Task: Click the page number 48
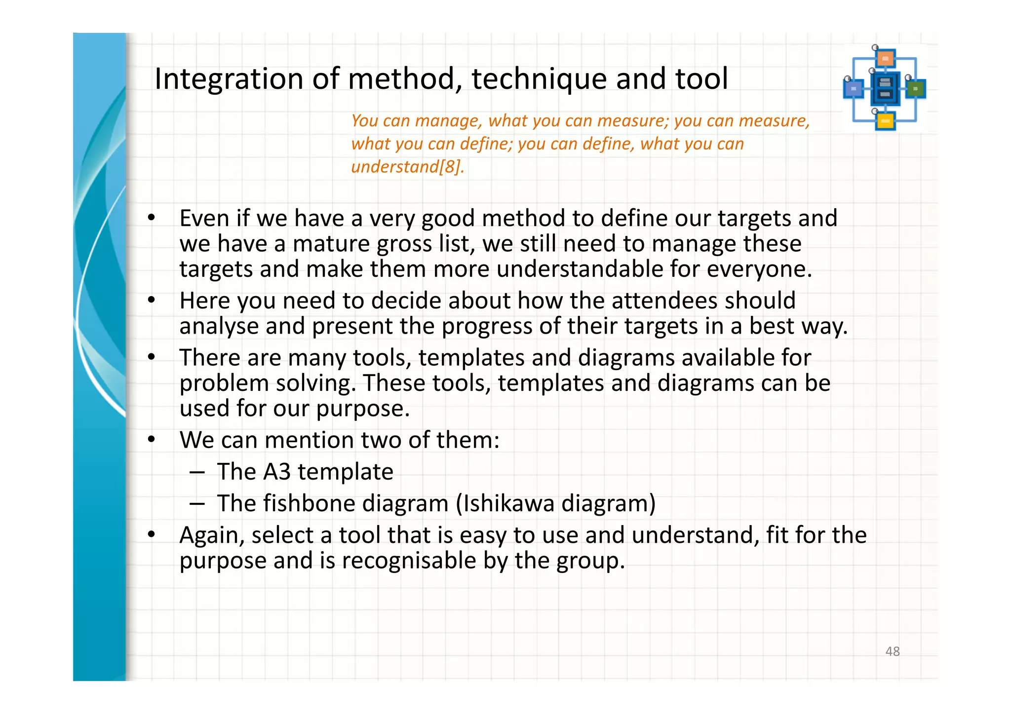coord(893,651)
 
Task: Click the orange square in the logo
coord(886,59)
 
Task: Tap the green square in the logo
coord(916,89)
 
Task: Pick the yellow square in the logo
coord(885,121)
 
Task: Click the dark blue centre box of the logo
coord(885,89)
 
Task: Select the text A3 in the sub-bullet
coord(277,472)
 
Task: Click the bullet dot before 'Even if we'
coord(152,218)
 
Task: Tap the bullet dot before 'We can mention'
coord(152,439)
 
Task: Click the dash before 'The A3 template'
coord(197,473)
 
